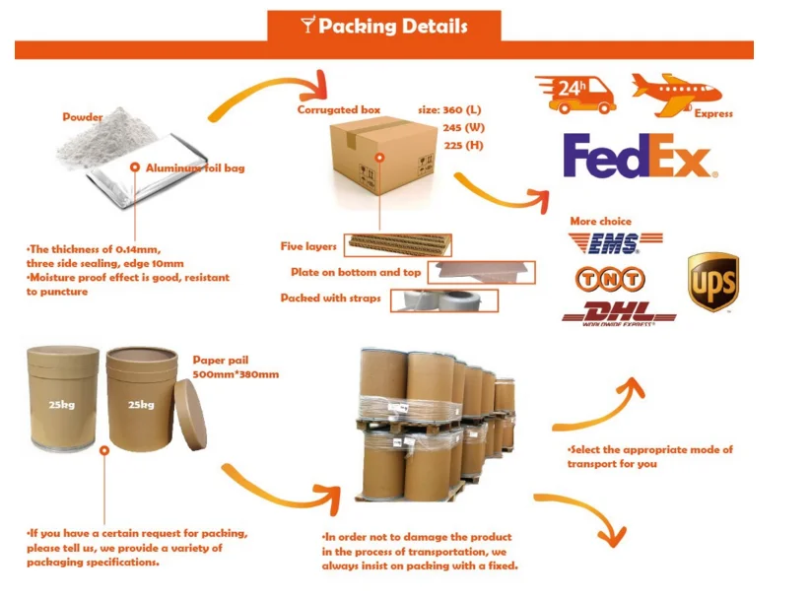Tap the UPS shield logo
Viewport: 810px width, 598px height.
[712, 283]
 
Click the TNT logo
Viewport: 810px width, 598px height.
[614, 280]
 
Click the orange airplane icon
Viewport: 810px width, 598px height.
[676, 91]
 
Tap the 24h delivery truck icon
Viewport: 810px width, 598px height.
[574, 93]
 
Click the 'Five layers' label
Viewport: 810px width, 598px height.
[308, 246]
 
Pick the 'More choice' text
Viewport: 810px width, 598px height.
[600, 222]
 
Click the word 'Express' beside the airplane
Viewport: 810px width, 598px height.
[713, 114]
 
